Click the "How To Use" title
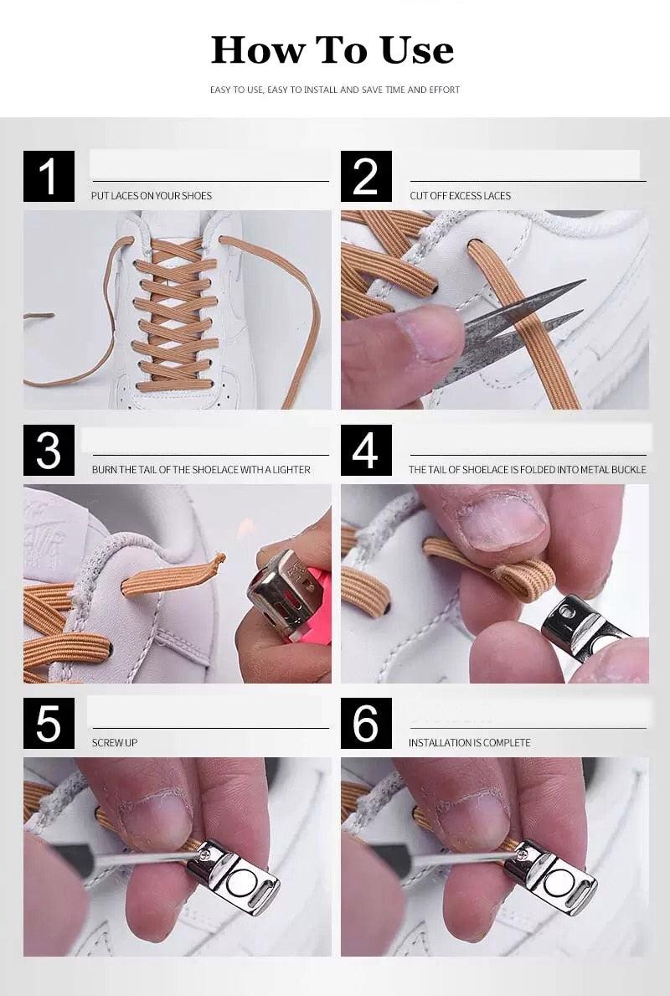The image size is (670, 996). point(332,49)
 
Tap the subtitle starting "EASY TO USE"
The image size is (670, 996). point(335,90)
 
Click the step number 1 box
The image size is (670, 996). point(49,176)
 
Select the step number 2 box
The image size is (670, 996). point(366,176)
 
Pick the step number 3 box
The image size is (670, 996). point(49,451)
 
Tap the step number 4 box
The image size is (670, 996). point(366,451)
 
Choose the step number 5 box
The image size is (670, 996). point(49,724)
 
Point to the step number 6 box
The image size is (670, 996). point(366,724)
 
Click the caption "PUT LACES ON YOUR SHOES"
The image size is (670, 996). point(151,196)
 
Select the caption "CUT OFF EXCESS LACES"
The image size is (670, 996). point(460,196)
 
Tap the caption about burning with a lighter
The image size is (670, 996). point(201,470)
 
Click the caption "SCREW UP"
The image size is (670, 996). point(114,742)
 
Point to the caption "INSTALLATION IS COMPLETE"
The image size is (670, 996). point(469,742)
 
